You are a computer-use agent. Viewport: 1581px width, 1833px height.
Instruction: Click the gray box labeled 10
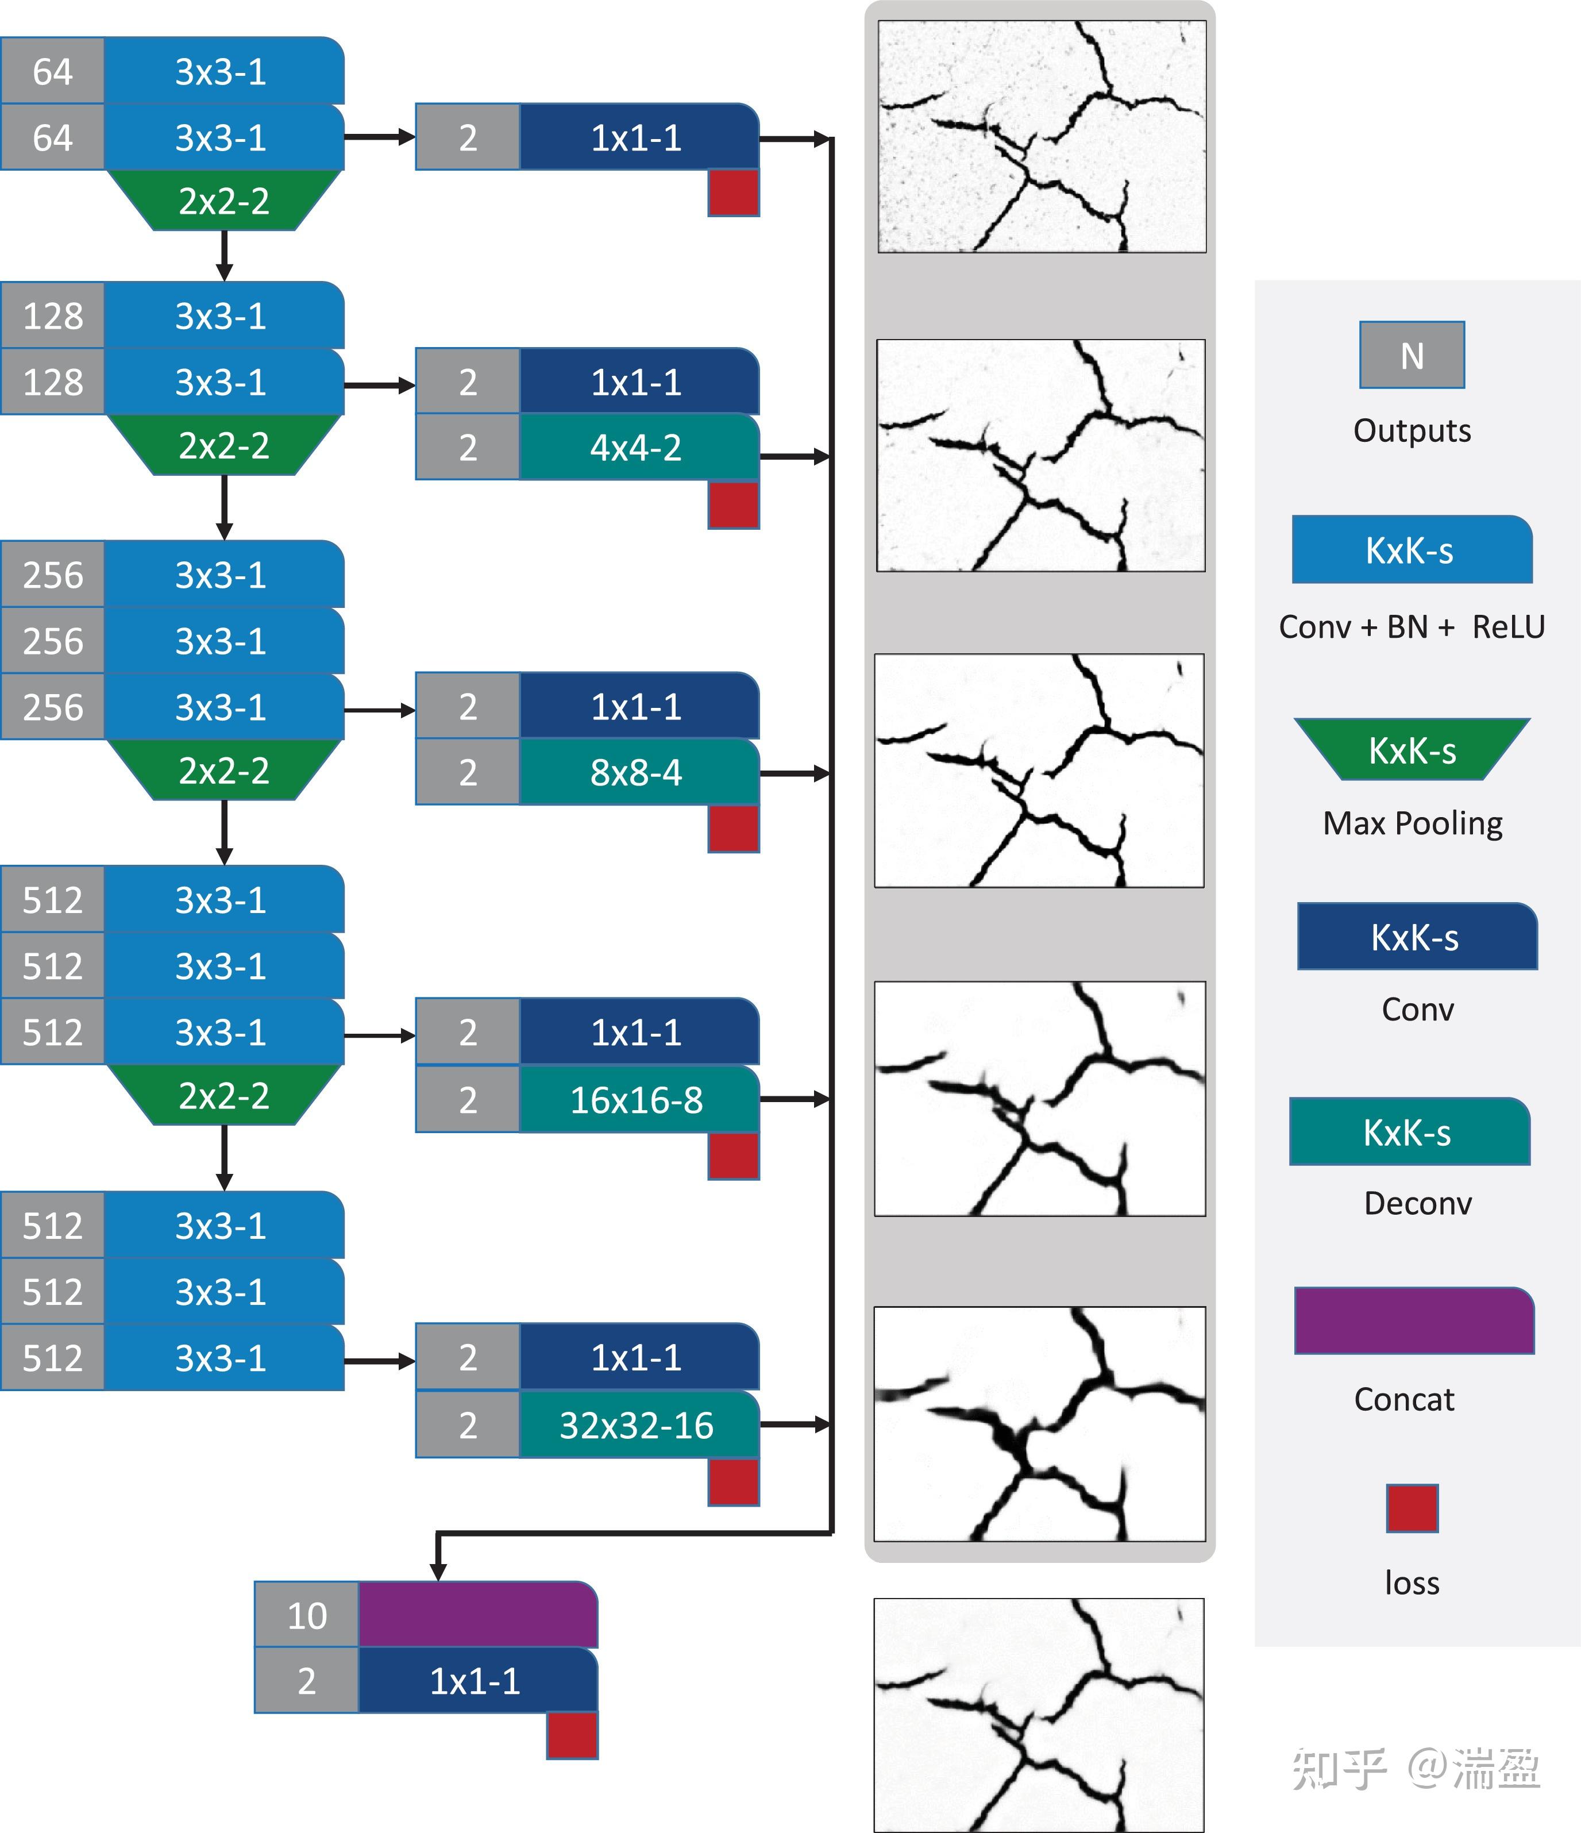point(307,1615)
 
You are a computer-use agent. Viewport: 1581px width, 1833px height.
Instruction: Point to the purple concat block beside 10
point(477,1615)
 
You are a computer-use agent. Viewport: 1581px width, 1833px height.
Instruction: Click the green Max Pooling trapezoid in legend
point(1412,749)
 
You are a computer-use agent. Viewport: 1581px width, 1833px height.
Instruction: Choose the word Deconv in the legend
point(1417,1203)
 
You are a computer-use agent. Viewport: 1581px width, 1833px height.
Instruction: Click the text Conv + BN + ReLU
point(1411,627)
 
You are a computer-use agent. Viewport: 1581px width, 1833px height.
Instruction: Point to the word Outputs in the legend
point(1412,431)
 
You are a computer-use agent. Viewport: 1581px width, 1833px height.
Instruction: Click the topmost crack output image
point(1042,137)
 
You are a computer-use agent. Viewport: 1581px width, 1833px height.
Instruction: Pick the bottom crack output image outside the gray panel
point(1039,1715)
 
